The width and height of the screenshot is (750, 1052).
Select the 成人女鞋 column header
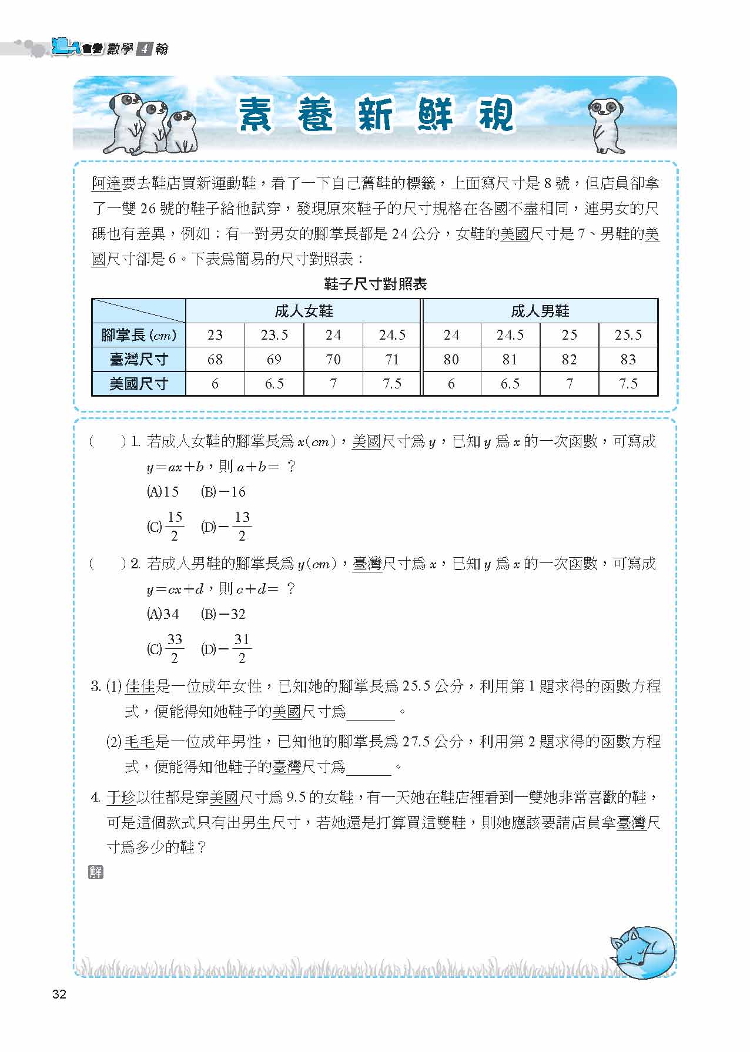click(x=303, y=311)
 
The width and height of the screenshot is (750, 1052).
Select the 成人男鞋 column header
click(x=540, y=311)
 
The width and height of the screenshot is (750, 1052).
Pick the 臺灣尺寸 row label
click(x=139, y=359)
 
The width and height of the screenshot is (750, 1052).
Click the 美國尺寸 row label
click(x=139, y=384)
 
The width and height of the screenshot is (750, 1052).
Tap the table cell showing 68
click(x=215, y=359)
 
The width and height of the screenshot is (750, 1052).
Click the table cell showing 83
click(x=628, y=359)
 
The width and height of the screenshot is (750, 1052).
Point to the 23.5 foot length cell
click(x=274, y=335)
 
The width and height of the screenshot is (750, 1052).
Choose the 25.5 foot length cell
click(x=628, y=335)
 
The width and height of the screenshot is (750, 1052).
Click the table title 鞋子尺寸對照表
click(x=375, y=285)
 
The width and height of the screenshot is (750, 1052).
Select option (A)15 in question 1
click(x=162, y=492)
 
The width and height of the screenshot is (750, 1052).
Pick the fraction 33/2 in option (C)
click(x=175, y=648)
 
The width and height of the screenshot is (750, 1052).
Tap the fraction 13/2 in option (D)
click(x=242, y=526)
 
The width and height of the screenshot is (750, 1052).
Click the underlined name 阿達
click(x=106, y=184)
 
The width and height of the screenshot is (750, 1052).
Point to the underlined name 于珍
click(x=121, y=798)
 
